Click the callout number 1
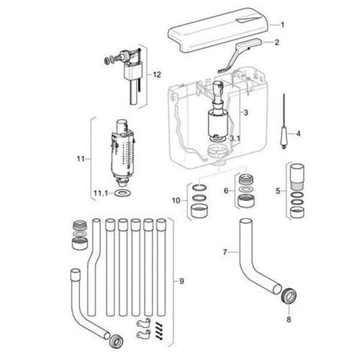(282, 24)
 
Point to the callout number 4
(299, 132)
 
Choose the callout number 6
(226, 190)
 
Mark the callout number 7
(225, 252)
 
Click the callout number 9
(181, 280)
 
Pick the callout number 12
(157, 74)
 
